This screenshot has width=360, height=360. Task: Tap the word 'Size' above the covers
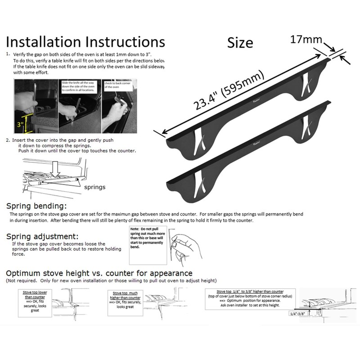tap(240, 43)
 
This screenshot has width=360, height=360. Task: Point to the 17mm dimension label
tap(306, 40)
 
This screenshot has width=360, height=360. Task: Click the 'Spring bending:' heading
tap(37, 206)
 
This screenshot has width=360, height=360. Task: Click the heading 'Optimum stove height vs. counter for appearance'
tap(99, 273)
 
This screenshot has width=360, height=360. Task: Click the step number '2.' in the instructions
tap(9, 140)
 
